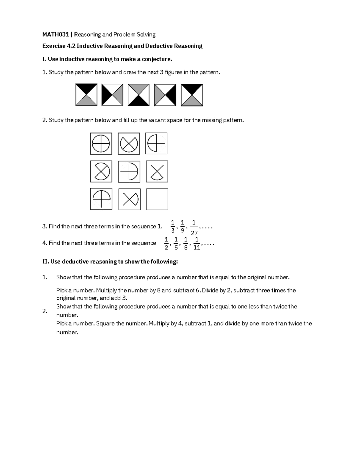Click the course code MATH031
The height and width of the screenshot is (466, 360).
(x=55, y=35)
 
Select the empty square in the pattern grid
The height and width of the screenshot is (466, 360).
(x=157, y=199)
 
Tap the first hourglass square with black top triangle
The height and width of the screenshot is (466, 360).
(x=86, y=95)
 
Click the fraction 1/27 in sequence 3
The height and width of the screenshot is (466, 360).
(x=194, y=227)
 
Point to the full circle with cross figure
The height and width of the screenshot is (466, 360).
(x=101, y=143)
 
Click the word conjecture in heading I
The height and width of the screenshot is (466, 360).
(x=157, y=59)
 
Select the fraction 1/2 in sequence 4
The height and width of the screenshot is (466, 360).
(x=166, y=243)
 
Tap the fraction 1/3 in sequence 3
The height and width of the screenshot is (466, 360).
(x=172, y=226)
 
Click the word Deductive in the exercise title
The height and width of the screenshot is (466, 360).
(x=158, y=46)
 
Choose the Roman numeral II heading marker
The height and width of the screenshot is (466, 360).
(x=45, y=262)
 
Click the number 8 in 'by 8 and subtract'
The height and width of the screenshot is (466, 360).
(x=159, y=290)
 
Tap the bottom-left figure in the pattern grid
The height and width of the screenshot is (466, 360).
(x=101, y=199)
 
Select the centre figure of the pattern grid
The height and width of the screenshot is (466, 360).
(x=129, y=172)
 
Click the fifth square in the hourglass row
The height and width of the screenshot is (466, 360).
(x=192, y=95)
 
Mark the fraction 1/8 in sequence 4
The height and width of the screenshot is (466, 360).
(x=186, y=243)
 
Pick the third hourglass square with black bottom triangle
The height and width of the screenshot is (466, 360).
(x=139, y=95)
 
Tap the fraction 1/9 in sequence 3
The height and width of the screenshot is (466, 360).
(x=182, y=226)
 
